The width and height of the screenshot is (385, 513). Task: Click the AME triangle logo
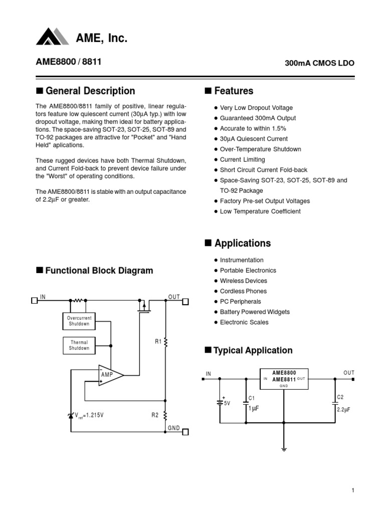coord(53,37)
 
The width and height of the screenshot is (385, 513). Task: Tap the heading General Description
coord(90,91)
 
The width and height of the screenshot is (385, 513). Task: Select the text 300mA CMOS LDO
coord(319,64)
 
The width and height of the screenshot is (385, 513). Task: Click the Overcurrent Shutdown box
coord(79,321)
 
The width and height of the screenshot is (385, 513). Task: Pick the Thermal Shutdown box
coord(79,345)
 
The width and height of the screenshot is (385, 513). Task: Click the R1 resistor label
coord(158,342)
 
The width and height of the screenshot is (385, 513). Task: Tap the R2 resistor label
coord(155,415)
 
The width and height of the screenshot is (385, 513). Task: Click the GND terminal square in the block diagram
coord(185,432)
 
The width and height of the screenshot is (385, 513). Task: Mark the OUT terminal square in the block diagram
coord(185,301)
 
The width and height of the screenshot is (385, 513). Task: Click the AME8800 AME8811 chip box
coord(284,379)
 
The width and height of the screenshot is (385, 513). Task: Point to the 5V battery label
coord(227,403)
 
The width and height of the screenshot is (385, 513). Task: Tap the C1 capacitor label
coord(252,398)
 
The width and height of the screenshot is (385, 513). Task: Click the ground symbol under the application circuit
coord(284,449)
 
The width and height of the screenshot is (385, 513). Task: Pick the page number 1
coord(353,490)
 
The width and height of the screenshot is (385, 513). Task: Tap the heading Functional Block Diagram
coord(99,271)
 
